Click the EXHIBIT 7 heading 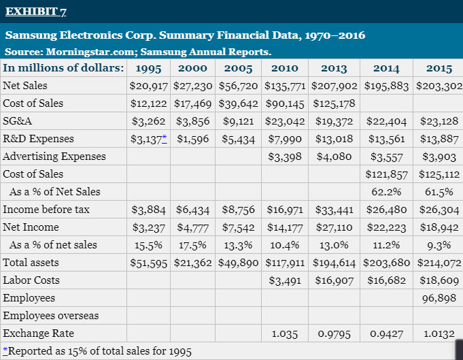[37, 12]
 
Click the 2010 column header [284, 68]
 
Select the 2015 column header [439, 68]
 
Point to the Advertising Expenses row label [54, 157]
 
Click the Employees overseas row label [50, 316]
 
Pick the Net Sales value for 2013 [335, 86]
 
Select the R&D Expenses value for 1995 [145, 139]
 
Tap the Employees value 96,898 [439, 298]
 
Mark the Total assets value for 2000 [192, 263]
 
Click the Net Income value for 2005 [238, 227]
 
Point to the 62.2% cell [385, 192]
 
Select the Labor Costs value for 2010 [285, 280]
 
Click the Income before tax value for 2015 [439, 210]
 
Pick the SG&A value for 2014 [385, 121]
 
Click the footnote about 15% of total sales [97, 351]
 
